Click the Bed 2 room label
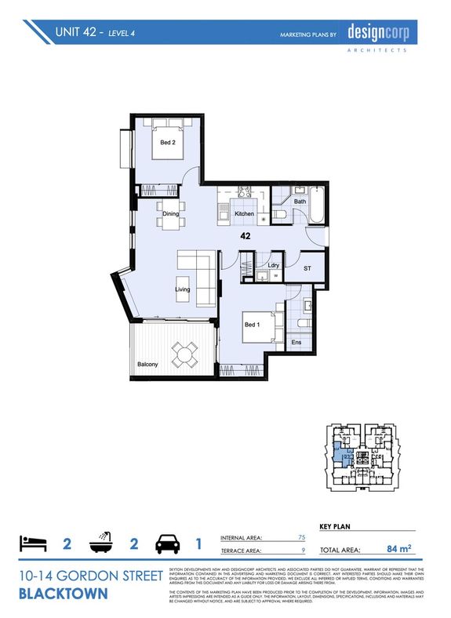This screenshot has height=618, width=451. [x=168, y=143]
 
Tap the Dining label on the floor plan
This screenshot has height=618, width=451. [x=171, y=213]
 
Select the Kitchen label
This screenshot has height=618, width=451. [x=244, y=214]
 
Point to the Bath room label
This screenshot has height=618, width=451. [x=300, y=202]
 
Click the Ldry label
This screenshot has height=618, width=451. [x=274, y=265]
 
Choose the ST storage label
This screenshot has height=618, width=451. [x=308, y=267]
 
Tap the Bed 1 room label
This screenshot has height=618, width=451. [x=251, y=325]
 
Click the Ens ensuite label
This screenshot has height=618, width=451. [x=297, y=343]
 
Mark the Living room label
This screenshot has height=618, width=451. [x=183, y=289]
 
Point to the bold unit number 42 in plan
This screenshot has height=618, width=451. [x=246, y=234]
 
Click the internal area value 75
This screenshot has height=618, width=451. [x=301, y=537]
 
